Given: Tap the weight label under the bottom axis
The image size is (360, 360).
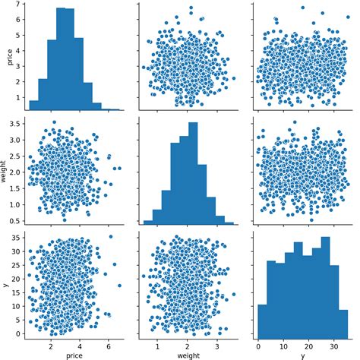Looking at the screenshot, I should coord(188,353).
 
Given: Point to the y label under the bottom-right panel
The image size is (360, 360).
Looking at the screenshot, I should coord(302,353).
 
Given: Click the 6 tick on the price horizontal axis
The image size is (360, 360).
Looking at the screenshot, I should coord(109,342).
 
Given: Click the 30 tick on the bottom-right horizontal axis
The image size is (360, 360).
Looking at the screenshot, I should coord(332,342).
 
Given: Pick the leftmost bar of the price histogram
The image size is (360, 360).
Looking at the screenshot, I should coord(33,106).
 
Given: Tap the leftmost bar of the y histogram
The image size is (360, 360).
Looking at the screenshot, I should coord(262,320).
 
